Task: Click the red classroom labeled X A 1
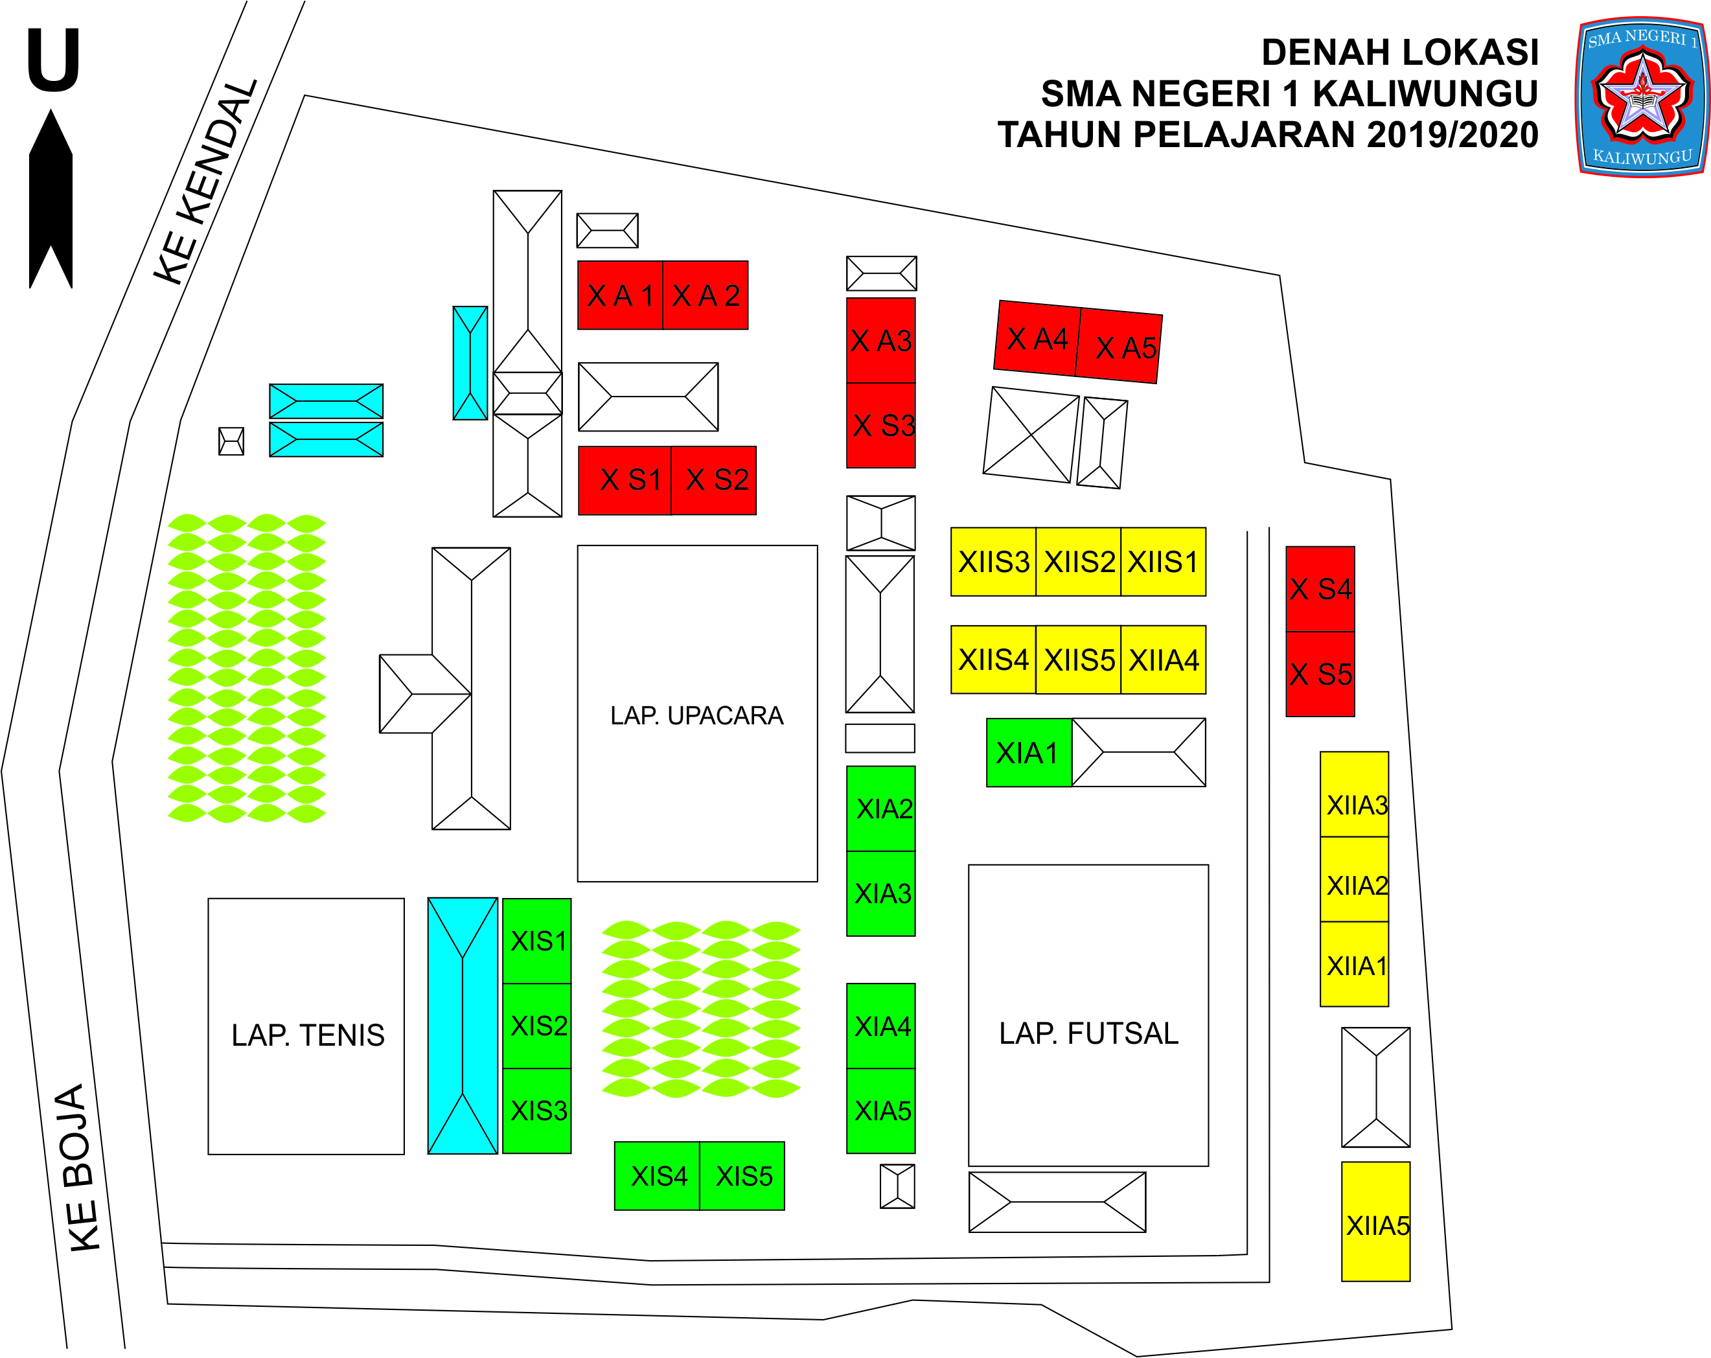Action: pyautogui.click(x=620, y=295)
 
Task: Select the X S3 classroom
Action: pyautogui.click(x=881, y=426)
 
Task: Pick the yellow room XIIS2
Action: pyautogui.click(x=1079, y=562)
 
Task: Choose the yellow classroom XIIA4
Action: pyautogui.click(x=1164, y=660)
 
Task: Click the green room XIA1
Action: pyautogui.click(x=1029, y=752)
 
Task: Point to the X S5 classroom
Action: pyautogui.click(x=1320, y=674)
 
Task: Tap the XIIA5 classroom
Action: pyautogui.click(x=1375, y=1225)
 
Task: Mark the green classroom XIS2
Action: pyautogui.click(x=537, y=1026)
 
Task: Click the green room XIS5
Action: pyautogui.click(x=743, y=1175)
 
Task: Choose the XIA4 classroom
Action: pyautogui.click(x=881, y=1026)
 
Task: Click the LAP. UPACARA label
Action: pyautogui.click(x=697, y=715)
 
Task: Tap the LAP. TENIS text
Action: pyautogui.click(x=308, y=1035)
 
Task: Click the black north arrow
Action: pyautogui.click(x=51, y=198)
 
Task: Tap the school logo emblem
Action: pyautogui.click(x=1640, y=97)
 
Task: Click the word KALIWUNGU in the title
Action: pyautogui.click(x=1425, y=94)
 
